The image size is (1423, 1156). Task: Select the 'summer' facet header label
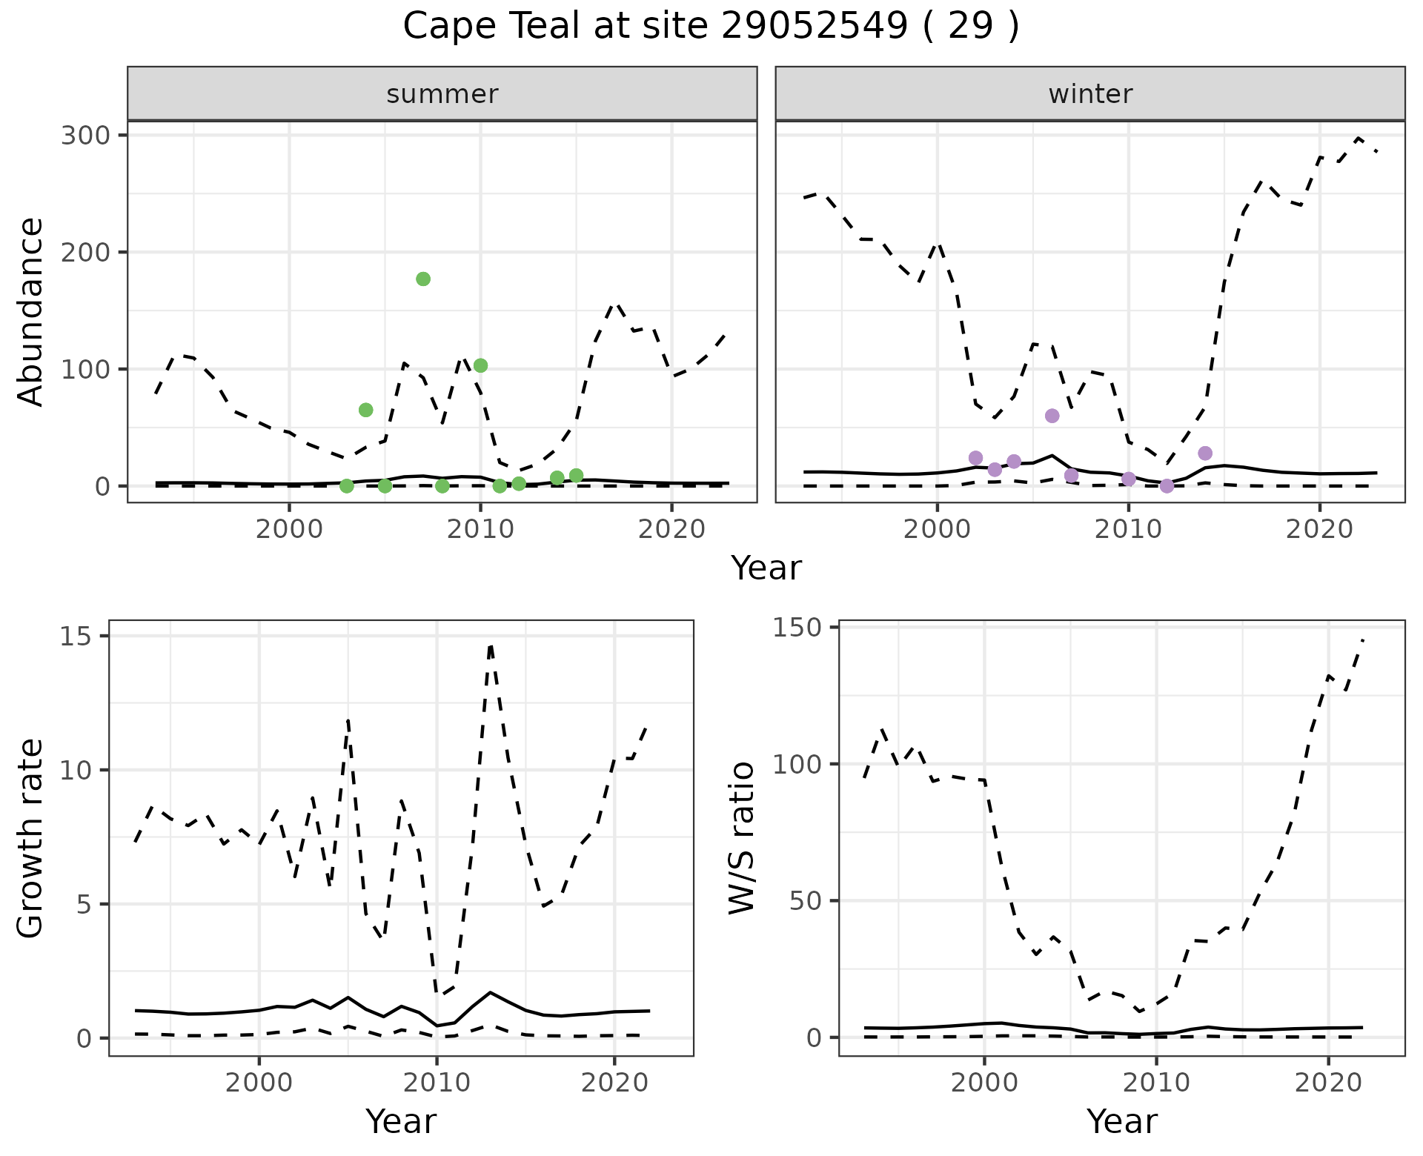click(442, 94)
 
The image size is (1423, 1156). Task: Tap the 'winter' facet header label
click(1090, 94)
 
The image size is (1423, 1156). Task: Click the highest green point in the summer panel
click(423, 279)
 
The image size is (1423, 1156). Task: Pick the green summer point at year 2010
click(480, 365)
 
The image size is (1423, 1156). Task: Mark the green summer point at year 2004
click(365, 410)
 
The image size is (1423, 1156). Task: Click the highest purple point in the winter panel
click(1052, 416)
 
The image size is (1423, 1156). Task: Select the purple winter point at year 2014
click(1205, 453)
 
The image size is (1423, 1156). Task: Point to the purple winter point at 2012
click(1167, 486)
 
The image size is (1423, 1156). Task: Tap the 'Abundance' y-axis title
click(31, 311)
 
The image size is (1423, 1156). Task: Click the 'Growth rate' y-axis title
click(31, 838)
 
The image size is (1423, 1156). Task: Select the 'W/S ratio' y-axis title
click(742, 838)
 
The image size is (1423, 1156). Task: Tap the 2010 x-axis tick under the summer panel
click(480, 529)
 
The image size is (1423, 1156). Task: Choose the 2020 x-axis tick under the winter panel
click(1319, 529)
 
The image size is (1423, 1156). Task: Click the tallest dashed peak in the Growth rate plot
click(491, 645)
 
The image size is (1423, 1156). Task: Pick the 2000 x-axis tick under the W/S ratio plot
click(984, 1083)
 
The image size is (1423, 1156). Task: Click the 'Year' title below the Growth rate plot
click(401, 1121)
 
